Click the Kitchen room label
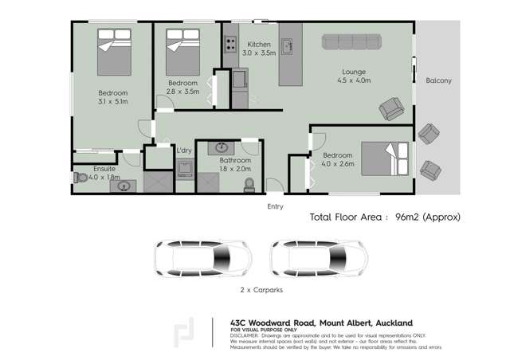pyautogui.click(x=259, y=44)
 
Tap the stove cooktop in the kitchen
pyautogui.click(x=229, y=44)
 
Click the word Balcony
pyautogui.click(x=438, y=80)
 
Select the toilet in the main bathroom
pyautogui.click(x=249, y=183)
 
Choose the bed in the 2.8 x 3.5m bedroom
pyautogui.click(x=182, y=49)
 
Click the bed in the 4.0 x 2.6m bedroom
pyautogui.click(x=386, y=158)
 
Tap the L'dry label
pyautogui.click(x=184, y=150)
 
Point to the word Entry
pyautogui.click(x=275, y=206)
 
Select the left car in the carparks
pyautogui.click(x=203, y=257)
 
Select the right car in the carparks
pyautogui.click(x=318, y=257)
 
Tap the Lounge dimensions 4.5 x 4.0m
pyautogui.click(x=354, y=80)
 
